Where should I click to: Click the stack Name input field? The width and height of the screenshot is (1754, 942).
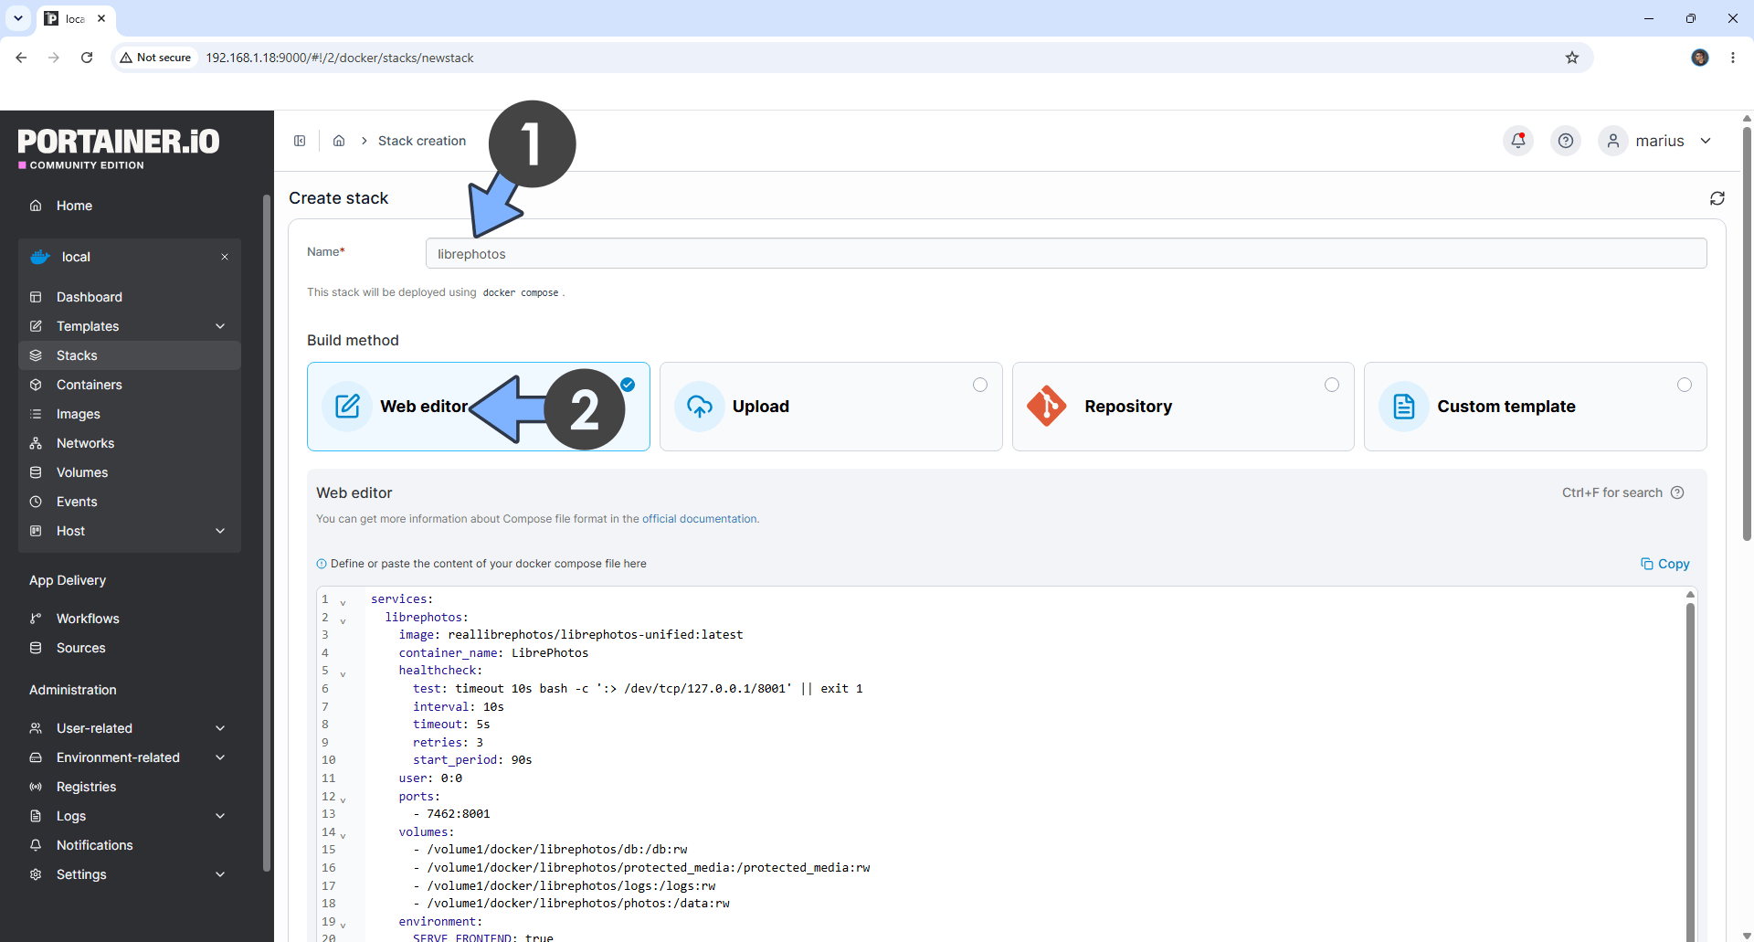tap(1065, 254)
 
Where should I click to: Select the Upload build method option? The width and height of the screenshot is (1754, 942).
tap(830, 407)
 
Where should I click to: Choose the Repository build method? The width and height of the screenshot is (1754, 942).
tap(1183, 407)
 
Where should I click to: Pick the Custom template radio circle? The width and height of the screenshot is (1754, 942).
tap(1685, 385)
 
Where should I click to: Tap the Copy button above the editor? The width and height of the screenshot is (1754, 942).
tap(1665, 564)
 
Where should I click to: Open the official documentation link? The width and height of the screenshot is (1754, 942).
tap(700, 519)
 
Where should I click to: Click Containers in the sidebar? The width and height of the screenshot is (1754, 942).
tap(89, 385)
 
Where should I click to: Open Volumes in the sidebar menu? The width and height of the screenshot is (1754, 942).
tap(82, 472)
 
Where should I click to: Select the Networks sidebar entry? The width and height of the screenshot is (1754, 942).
tap(85, 443)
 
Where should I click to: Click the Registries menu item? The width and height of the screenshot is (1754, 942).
tap(86, 787)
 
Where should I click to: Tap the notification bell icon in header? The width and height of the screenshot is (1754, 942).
tap(1518, 141)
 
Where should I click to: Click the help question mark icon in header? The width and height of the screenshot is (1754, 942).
tap(1566, 141)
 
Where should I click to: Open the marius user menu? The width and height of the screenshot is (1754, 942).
tap(1656, 141)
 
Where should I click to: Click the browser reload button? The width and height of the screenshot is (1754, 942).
tap(87, 58)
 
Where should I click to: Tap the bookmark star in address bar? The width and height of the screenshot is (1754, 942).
tap(1572, 58)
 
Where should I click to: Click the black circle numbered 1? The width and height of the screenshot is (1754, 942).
tap(532, 143)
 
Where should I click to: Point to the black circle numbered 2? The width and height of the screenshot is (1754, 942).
tap(585, 409)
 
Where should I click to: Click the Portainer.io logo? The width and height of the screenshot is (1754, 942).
tap(119, 148)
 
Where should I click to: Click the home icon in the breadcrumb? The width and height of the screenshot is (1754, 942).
tap(339, 141)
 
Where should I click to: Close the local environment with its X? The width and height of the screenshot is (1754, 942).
tap(225, 257)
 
